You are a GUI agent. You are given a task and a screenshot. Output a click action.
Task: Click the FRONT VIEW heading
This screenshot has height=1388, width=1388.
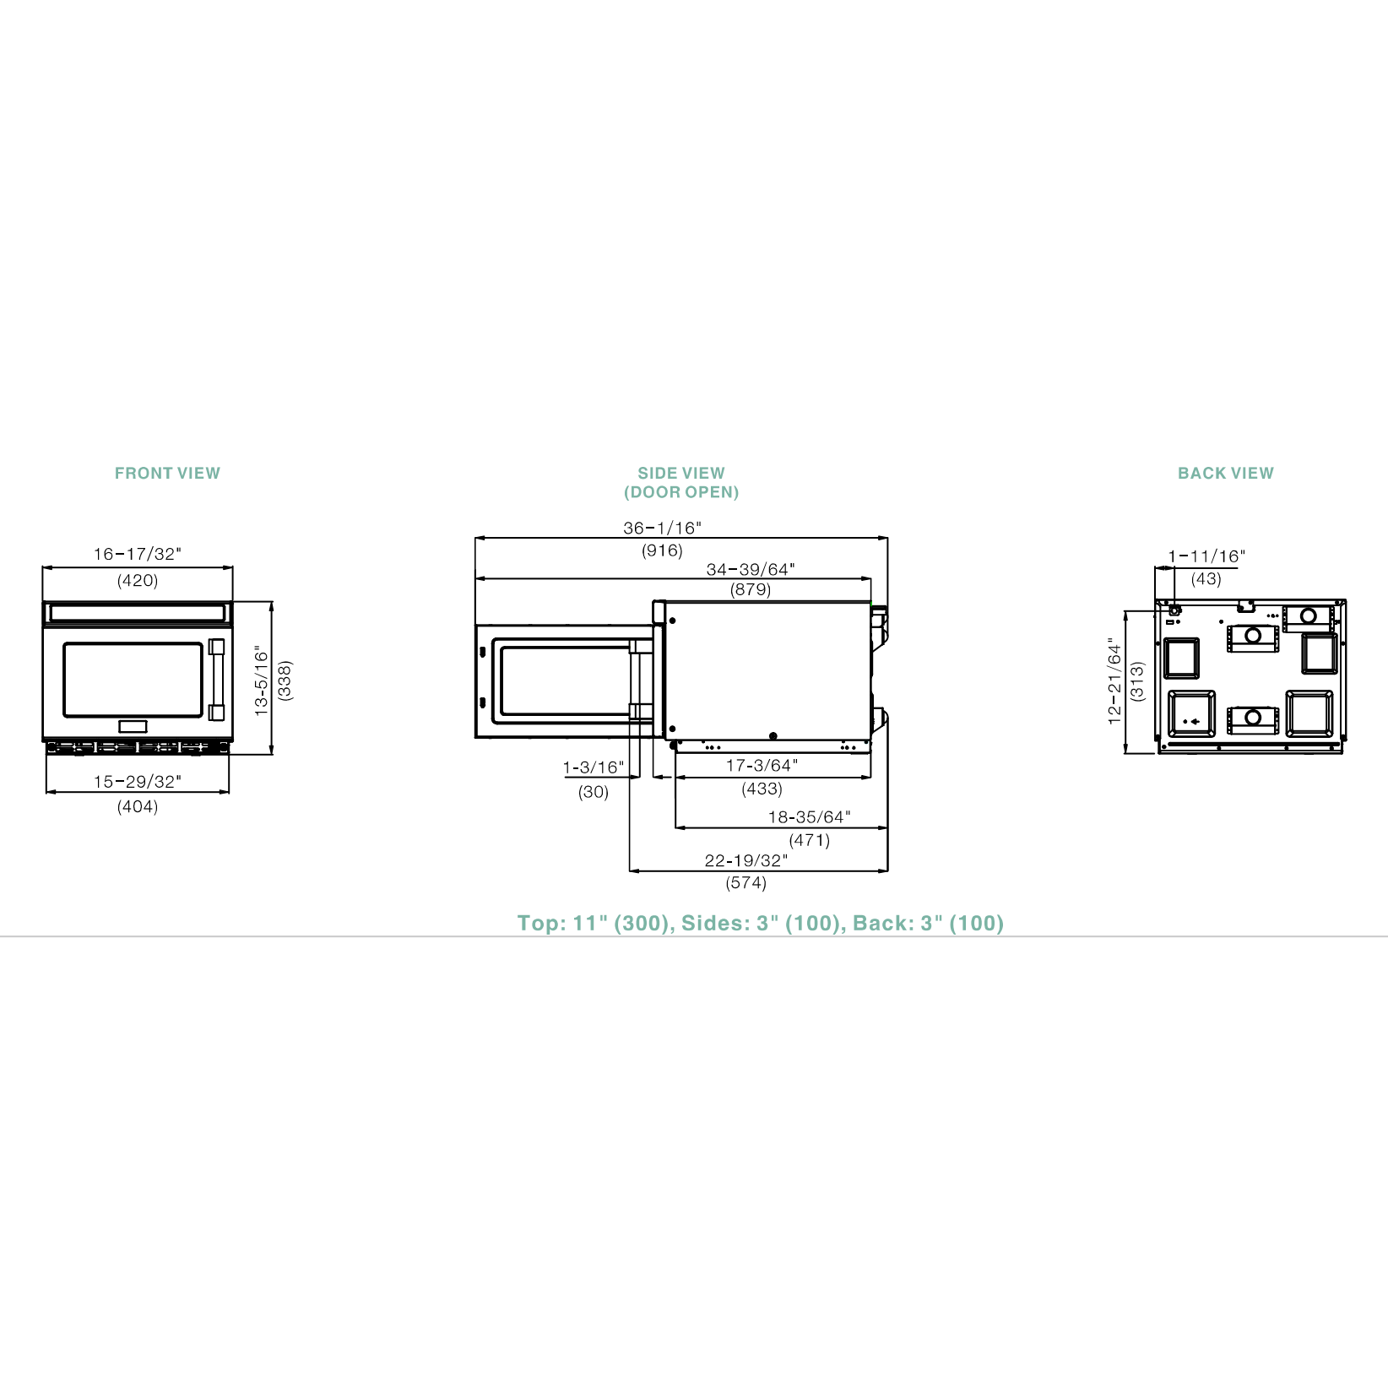[167, 473]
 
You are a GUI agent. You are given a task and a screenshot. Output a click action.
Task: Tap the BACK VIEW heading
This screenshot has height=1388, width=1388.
[1226, 473]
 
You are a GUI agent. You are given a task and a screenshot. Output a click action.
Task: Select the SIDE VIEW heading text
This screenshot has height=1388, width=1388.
[681, 473]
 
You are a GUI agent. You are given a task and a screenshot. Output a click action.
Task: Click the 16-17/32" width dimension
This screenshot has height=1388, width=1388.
[138, 554]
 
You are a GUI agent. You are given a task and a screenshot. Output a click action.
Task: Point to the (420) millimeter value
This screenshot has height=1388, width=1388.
[138, 580]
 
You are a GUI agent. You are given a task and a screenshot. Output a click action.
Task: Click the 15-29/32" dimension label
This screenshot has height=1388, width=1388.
[138, 782]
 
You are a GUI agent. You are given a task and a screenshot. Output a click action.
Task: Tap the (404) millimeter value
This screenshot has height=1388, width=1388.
[138, 806]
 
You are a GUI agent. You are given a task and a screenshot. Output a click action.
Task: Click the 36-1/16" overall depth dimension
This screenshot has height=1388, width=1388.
[663, 528]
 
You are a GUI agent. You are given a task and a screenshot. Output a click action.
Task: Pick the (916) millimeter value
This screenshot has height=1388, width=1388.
[662, 550]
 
